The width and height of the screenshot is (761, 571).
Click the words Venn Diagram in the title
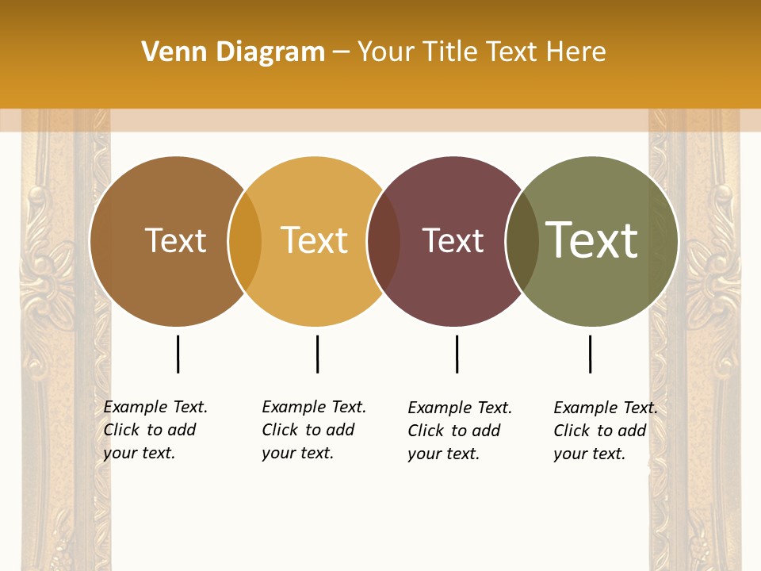pos(233,52)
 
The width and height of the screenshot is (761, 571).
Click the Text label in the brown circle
pos(175,240)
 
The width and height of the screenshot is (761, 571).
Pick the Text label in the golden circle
pos(315,240)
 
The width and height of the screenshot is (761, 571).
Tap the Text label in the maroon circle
pos(453,241)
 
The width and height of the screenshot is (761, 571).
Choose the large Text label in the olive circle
pos(591,240)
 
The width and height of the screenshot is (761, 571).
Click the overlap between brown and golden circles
pos(245,241)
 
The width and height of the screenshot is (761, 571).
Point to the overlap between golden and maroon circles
pos(384,241)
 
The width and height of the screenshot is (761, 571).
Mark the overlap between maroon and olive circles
pos(522,241)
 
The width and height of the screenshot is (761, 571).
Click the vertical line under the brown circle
pos(178,354)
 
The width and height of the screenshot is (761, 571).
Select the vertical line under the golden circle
pos(317,354)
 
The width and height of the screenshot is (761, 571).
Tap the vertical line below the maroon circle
pos(457,354)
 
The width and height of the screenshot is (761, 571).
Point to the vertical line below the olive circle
pos(590,354)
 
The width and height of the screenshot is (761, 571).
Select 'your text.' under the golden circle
pos(297,453)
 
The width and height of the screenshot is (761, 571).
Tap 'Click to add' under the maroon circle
pos(453,431)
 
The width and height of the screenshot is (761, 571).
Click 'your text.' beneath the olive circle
pos(589,454)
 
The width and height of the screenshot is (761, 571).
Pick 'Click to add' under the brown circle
pos(149,430)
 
